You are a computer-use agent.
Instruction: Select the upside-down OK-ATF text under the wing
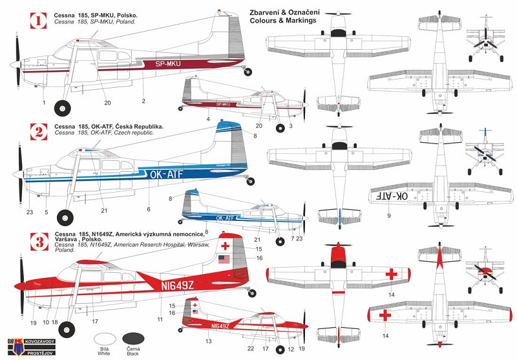tap(392, 195)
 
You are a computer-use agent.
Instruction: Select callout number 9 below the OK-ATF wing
tap(389, 215)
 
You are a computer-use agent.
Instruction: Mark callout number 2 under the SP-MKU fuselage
tap(143, 101)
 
